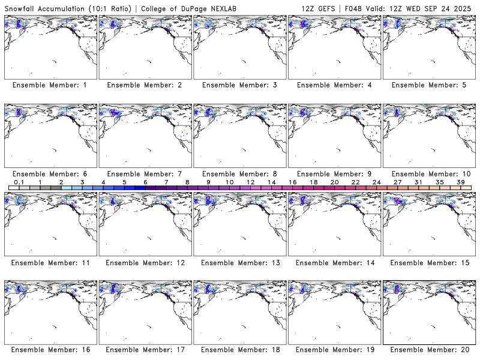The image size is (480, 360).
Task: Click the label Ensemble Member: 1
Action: point(50,85)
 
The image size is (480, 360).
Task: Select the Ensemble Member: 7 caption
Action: point(144,173)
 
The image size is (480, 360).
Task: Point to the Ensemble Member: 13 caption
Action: point(239,262)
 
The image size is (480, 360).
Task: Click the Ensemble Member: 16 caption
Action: point(50,349)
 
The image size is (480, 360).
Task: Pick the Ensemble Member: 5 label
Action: point(428,85)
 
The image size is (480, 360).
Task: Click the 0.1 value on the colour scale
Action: point(19,182)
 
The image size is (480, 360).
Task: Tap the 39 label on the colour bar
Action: point(460,182)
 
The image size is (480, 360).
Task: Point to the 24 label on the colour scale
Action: point(376,182)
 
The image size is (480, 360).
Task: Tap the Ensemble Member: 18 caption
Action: point(239,349)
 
